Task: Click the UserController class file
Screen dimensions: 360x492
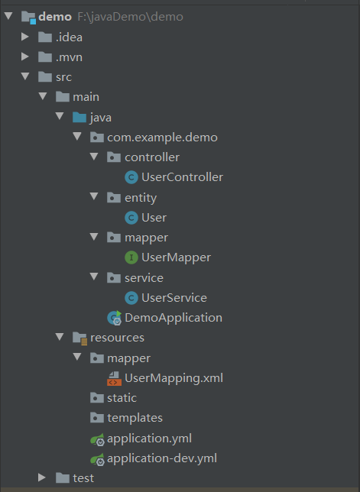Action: (182, 177)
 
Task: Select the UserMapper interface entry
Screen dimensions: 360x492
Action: (176, 257)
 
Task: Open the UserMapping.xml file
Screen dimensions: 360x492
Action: (174, 378)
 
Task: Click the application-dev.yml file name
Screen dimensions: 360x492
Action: (162, 458)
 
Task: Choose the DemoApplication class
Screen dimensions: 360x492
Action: (174, 318)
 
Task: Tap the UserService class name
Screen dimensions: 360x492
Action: (174, 298)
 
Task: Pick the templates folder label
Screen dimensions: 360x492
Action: (135, 418)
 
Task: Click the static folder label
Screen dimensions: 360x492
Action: (122, 398)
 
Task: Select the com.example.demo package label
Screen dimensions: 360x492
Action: (162, 138)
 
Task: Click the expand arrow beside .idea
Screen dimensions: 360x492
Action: (25, 37)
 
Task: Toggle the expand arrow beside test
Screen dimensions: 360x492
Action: (42, 478)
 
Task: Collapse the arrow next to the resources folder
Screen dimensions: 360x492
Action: (60, 338)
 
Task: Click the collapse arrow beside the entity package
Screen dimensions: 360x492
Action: (94, 197)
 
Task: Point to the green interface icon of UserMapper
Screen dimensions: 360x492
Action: (131, 258)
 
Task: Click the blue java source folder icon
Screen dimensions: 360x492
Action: (79, 118)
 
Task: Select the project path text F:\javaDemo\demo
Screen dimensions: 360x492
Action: (130, 17)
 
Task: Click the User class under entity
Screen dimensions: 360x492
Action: (154, 218)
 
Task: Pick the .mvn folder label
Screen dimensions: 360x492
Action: (69, 57)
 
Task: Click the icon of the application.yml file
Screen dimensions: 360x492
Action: (97, 439)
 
